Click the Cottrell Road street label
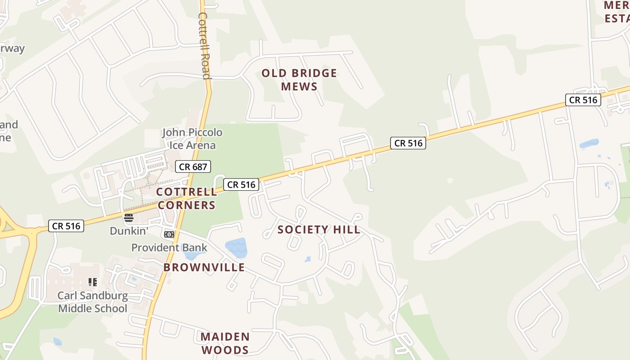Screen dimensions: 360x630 click(204, 45)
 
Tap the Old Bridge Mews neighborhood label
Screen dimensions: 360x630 click(299, 80)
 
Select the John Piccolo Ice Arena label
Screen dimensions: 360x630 click(192, 139)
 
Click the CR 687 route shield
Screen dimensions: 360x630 click(193, 167)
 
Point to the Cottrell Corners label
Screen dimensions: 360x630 click(186, 198)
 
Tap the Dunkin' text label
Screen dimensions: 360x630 click(129, 231)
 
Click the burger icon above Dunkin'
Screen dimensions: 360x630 click(129, 218)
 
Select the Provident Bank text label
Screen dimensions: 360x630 click(169, 247)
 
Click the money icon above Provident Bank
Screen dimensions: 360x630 click(169, 234)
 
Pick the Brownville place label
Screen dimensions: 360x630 click(204, 267)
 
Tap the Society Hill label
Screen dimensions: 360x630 click(319, 229)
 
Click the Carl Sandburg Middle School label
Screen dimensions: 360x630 click(93, 302)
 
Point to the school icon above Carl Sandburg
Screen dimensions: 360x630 click(93, 282)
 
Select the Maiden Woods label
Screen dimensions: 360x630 click(225, 343)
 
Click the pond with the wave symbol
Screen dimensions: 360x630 click(236, 247)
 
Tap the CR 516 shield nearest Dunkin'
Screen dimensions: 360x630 click(66, 226)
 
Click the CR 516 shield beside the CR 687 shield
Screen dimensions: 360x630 click(241, 184)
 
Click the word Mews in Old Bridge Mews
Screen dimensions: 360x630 click(299, 86)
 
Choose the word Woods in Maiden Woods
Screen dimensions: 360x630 click(225, 350)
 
